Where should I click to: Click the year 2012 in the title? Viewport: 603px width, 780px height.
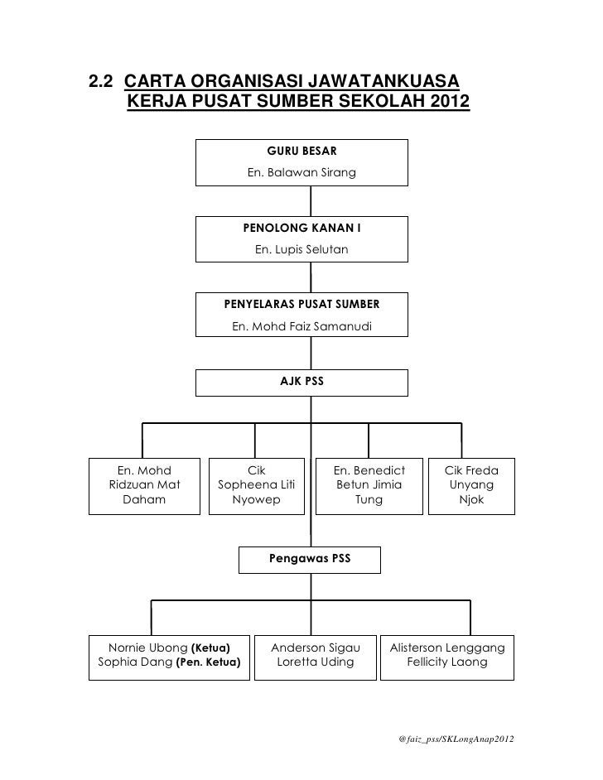click(x=441, y=103)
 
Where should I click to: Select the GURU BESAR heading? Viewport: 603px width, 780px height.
click(x=301, y=151)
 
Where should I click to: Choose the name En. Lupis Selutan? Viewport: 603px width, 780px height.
click(x=301, y=249)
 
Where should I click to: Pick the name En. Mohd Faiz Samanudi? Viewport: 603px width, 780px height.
click(x=301, y=326)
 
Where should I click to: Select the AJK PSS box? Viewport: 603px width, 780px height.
click(x=301, y=383)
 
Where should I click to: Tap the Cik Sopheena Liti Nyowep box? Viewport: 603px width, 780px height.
click(x=256, y=485)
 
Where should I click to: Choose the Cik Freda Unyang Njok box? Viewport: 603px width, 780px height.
click(x=471, y=485)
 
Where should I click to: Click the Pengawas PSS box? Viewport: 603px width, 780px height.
click(x=310, y=559)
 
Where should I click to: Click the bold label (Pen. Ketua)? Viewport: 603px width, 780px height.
click(x=208, y=662)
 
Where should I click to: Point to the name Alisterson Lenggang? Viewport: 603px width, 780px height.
click(x=446, y=646)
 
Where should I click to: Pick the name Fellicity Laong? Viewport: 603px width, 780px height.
click(x=446, y=662)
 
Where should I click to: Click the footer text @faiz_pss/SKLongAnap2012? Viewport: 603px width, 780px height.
click(x=455, y=737)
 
